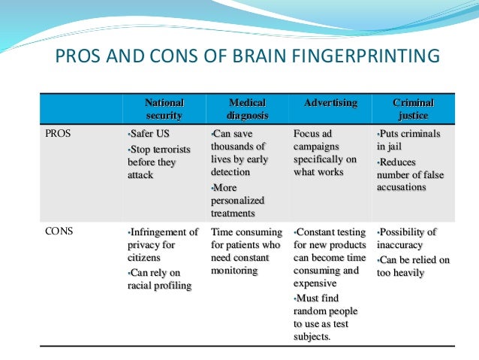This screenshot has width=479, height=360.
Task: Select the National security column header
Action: pos(164,109)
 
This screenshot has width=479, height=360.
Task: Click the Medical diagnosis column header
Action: pos(246,109)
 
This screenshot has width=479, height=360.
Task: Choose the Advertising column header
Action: pos(330,103)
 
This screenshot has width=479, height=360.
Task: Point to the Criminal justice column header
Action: pos(413,109)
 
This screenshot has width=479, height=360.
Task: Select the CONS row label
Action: pos(60,232)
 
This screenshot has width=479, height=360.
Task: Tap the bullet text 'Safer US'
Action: pos(151,135)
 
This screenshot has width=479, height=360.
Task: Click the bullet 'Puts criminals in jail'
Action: pos(409,141)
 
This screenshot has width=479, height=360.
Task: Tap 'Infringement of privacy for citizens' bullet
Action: pos(161,245)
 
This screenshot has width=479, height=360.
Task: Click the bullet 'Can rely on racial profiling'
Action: pos(160,279)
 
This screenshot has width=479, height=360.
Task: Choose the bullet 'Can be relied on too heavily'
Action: pos(412,266)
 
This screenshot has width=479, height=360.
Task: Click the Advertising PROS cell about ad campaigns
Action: pos(325,153)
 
